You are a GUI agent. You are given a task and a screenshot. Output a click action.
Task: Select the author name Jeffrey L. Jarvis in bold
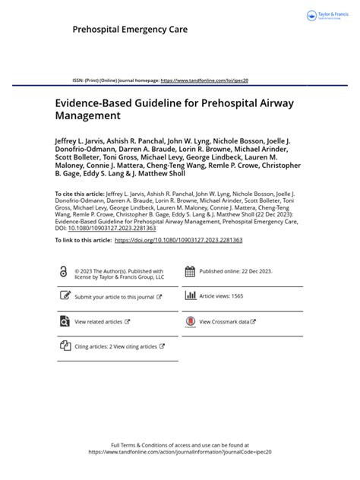[x=83, y=141]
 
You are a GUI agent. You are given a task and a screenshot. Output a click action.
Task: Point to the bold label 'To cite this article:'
[x=80, y=194]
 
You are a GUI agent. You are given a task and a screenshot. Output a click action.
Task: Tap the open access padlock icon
[x=63, y=272]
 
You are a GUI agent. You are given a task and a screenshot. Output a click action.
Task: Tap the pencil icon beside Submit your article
[x=64, y=297]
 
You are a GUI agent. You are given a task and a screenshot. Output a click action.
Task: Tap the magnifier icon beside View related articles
[x=64, y=322]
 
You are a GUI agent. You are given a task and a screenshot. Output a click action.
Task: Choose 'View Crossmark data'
[x=228, y=322]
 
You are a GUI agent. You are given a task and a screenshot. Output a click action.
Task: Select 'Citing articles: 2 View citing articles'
[x=118, y=346]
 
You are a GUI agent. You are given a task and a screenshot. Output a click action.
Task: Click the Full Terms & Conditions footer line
[x=179, y=445]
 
